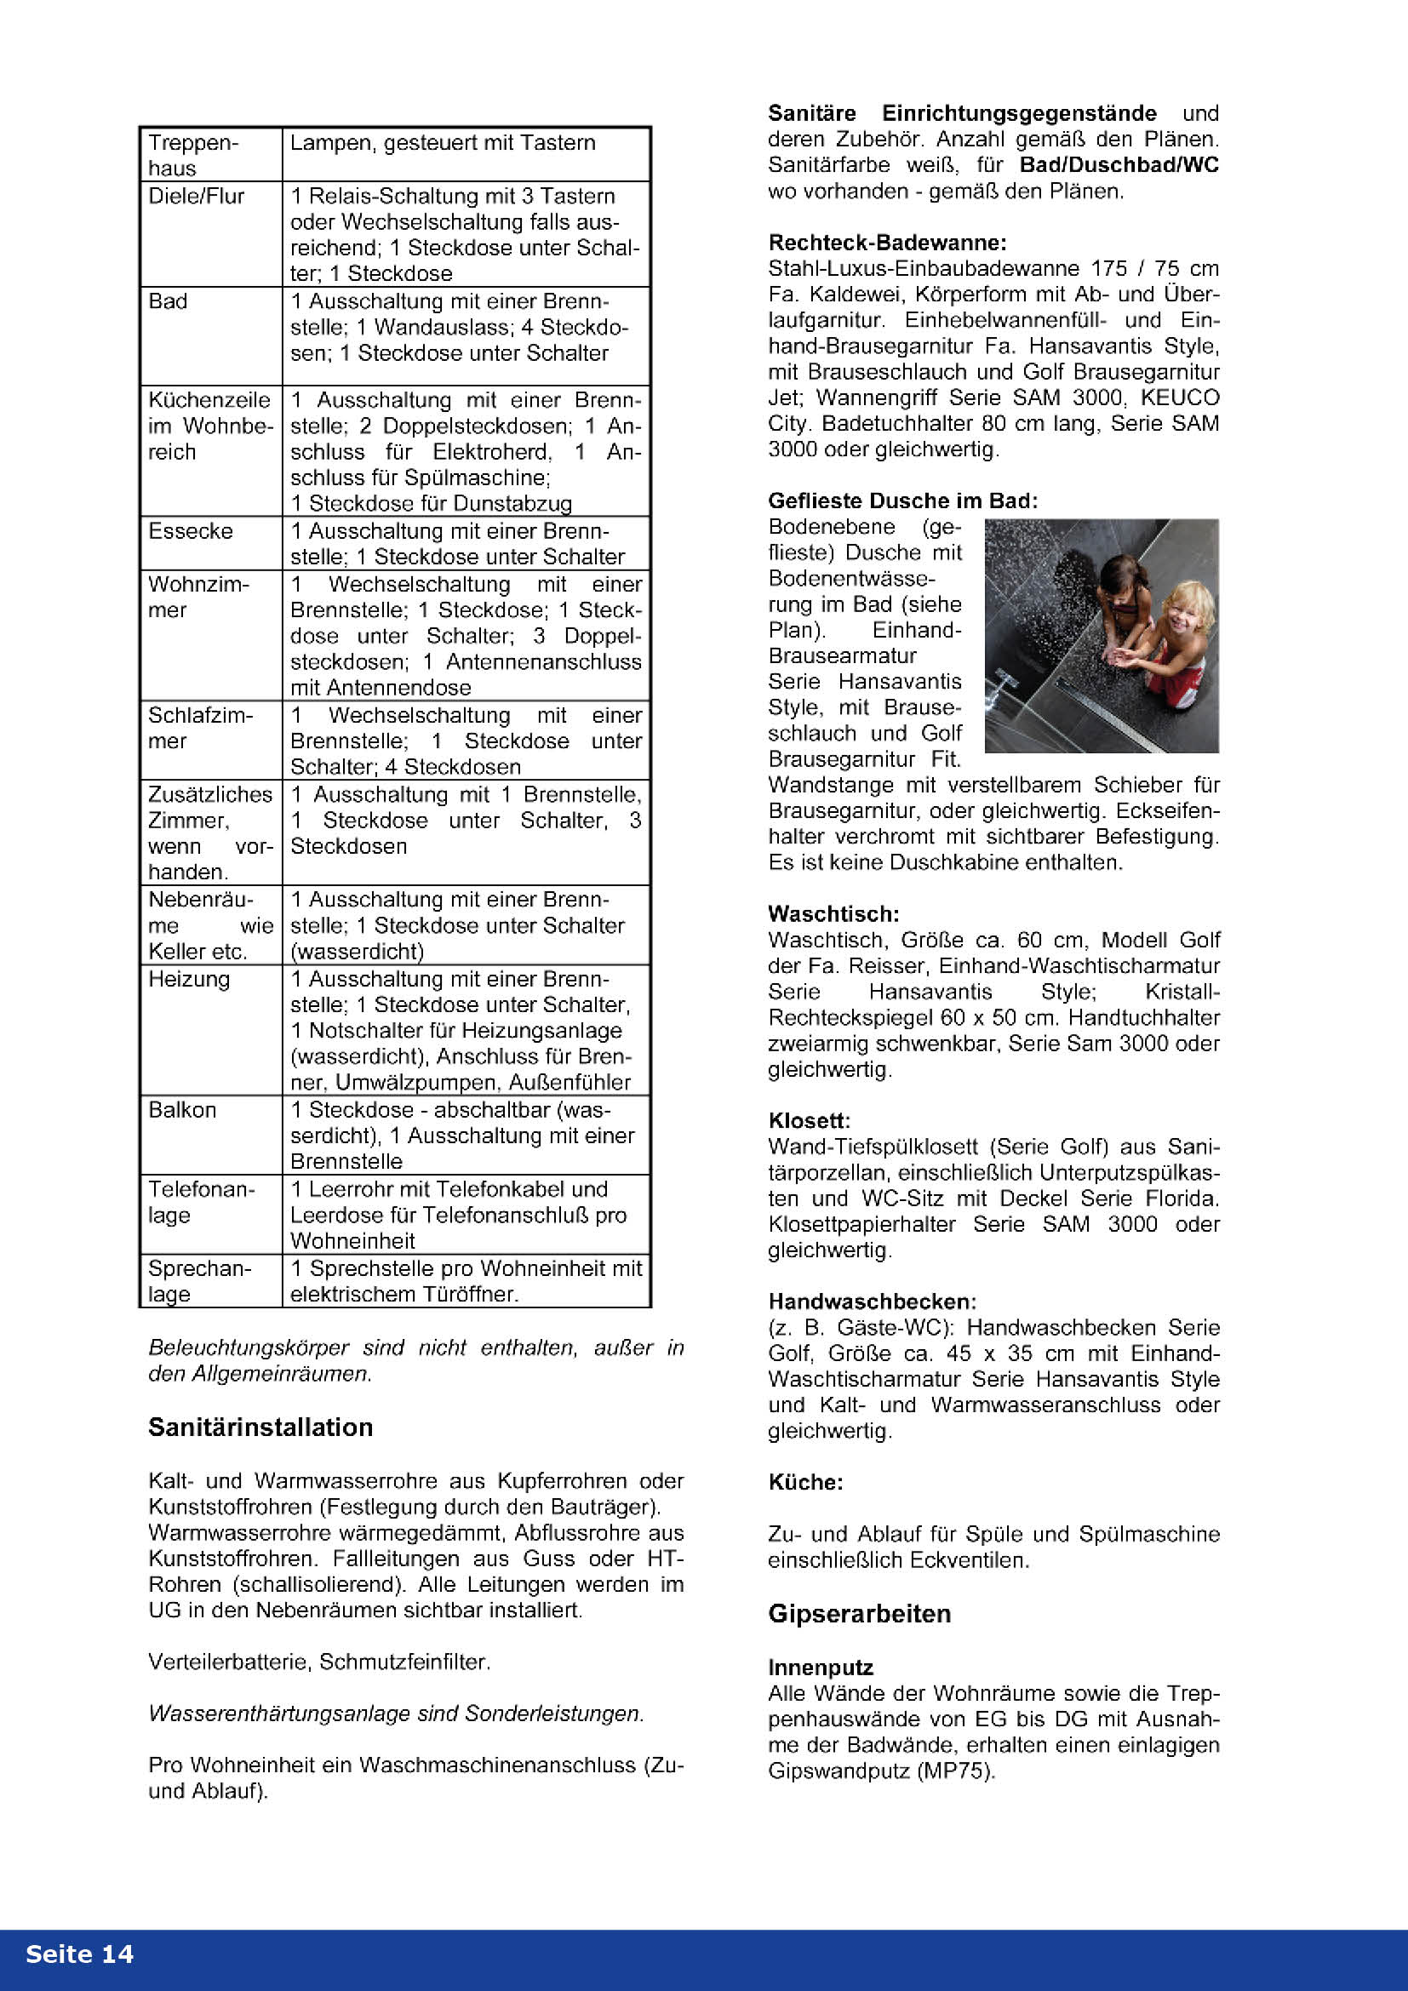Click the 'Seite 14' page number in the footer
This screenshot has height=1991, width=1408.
(x=79, y=1954)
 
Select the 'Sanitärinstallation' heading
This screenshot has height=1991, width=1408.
(x=260, y=1427)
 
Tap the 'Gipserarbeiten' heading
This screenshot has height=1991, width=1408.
(x=859, y=1613)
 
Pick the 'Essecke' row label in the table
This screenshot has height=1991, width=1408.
(x=190, y=530)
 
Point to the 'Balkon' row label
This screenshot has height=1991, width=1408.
(x=182, y=1110)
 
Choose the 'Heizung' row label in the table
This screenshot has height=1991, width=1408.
(x=189, y=979)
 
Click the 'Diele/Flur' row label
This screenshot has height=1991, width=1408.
(x=196, y=196)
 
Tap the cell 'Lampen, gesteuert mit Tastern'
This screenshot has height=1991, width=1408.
(x=442, y=143)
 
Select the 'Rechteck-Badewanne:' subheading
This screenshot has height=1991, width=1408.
(x=887, y=243)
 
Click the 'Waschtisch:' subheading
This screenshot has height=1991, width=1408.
(x=833, y=914)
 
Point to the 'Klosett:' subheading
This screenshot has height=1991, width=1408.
(x=809, y=1120)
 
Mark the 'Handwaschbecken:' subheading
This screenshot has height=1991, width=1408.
(x=873, y=1302)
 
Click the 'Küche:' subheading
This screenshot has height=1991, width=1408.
(x=805, y=1482)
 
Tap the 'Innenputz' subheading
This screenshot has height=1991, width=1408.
(x=820, y=1668)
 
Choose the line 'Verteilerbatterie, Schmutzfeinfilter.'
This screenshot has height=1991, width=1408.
(x=319, y=1662)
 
